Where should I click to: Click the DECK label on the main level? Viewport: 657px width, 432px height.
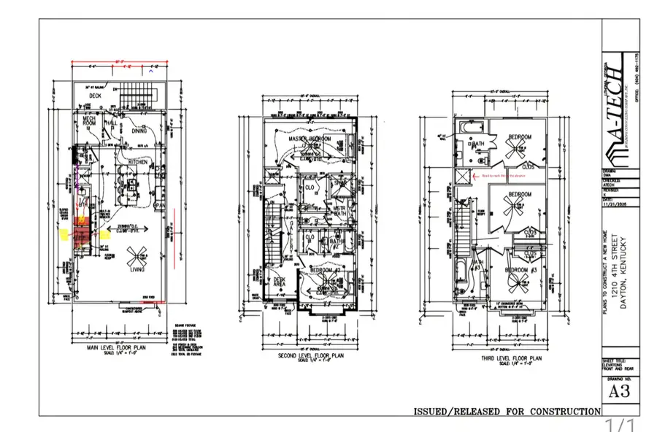[x=95, y=96]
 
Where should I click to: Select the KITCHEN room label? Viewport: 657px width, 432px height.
[x=139, y=162]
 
